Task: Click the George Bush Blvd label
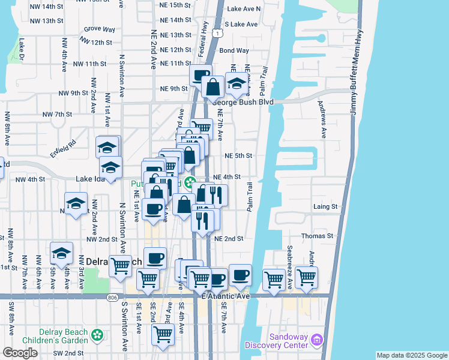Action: point(242,102)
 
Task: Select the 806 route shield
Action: point(113,297)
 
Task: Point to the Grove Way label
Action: point(100,29)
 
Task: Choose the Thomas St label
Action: point(317,236)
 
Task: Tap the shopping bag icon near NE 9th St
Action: point(213,87)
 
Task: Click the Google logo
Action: point(20,352)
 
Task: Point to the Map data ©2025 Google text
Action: point(411,355)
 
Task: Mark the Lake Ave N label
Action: point(244,9)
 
